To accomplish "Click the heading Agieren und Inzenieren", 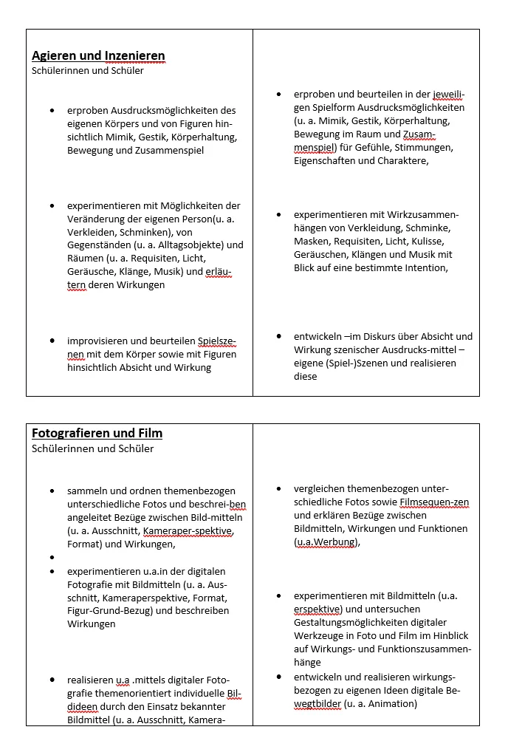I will pos(98,56).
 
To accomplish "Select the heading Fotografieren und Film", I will pos(97,434).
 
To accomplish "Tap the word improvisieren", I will pos(98,341).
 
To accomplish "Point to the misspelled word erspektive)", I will pos(317,609).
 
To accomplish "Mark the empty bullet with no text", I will pos(52,558).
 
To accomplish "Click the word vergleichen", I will pos(320,489).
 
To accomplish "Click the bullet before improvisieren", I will pos(52,341).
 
